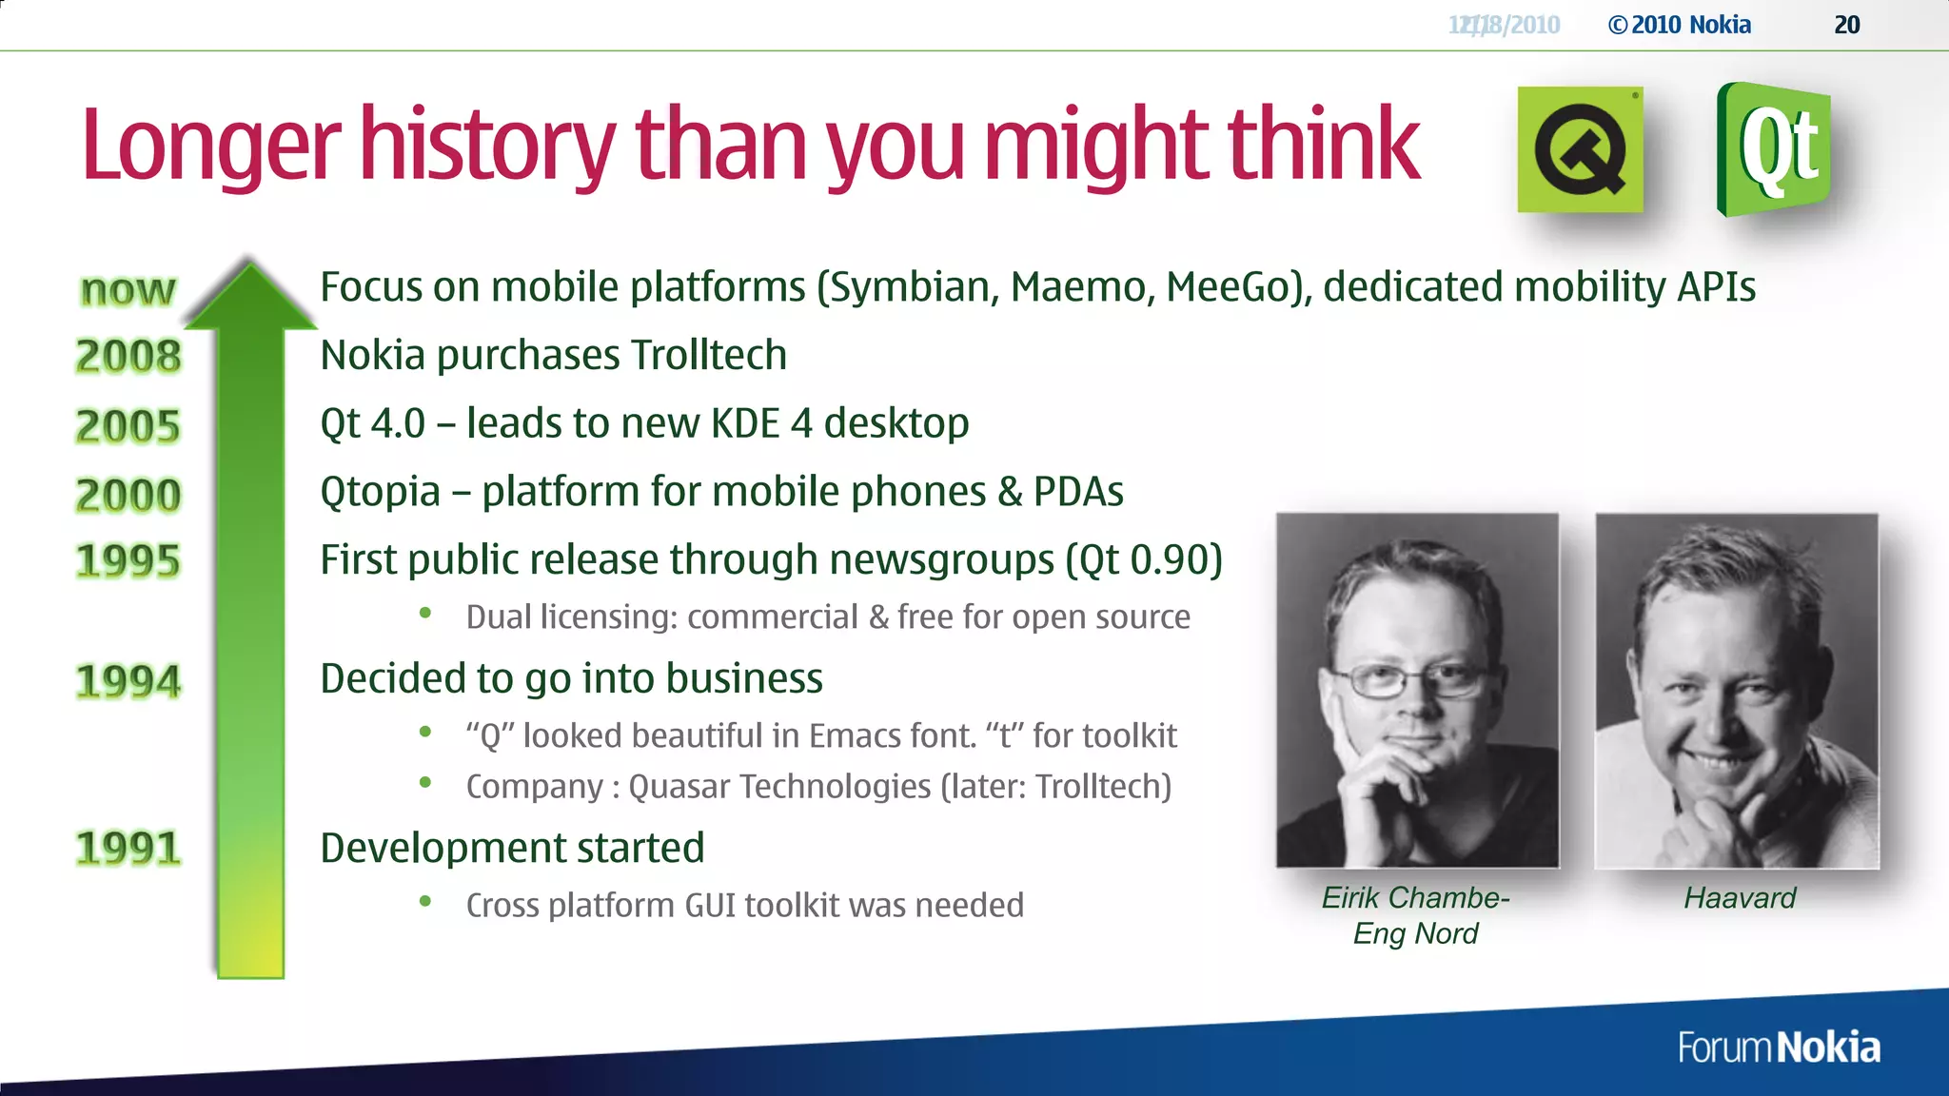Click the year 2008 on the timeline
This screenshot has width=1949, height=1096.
(128, 357)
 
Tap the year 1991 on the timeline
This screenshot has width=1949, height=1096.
(128, 848)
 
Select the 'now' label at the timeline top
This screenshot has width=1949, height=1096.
(128, 289)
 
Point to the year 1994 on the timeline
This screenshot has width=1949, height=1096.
(128, 681)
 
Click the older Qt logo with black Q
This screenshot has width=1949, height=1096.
(1580, 150)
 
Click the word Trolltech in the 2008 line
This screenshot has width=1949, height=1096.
(708, 355)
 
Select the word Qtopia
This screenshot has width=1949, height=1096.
(380, 492)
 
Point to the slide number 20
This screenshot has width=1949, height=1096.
(1846, 25)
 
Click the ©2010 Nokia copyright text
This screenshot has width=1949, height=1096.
(1680, 25)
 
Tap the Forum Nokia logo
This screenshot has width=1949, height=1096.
(1779, 1047)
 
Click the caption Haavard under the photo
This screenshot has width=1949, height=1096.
(1739, 898)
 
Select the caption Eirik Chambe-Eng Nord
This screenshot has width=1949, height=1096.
(1415, 915)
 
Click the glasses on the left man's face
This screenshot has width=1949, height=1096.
(1412, 679)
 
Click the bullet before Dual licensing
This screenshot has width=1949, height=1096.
(425, 615)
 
